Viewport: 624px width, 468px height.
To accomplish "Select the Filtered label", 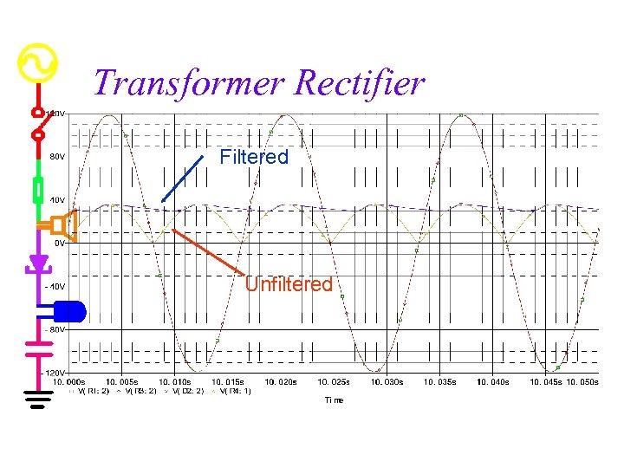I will [x=253, y=157].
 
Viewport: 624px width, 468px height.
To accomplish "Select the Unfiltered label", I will [x=289, y=284].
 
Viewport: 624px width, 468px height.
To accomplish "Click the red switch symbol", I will [x=38, y=124].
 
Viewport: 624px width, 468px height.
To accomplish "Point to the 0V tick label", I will [x=59, y=244].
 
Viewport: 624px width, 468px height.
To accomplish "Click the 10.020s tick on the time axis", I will [x=281, y=381].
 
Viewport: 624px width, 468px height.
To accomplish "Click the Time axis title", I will [x=334, y=400].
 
